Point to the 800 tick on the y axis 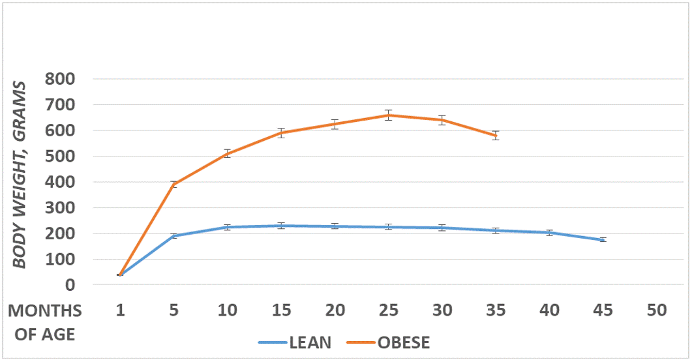pos(61,80)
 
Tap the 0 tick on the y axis pos(69,285)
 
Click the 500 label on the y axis pos(61,157)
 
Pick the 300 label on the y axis pos(61,208)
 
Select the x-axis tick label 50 pos(657,310)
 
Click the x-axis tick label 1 pos(120,310)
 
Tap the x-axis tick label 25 pos(389,310)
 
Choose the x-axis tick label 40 pos(550,310)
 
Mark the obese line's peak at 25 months pos(389,115)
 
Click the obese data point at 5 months pos(173,184)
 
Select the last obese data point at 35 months pos(496,135)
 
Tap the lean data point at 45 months pos(603,240)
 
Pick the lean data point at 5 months pos(173,235)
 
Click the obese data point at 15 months pos(281,133)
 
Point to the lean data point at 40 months pos(550,233)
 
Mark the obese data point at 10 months pos(228,154)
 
